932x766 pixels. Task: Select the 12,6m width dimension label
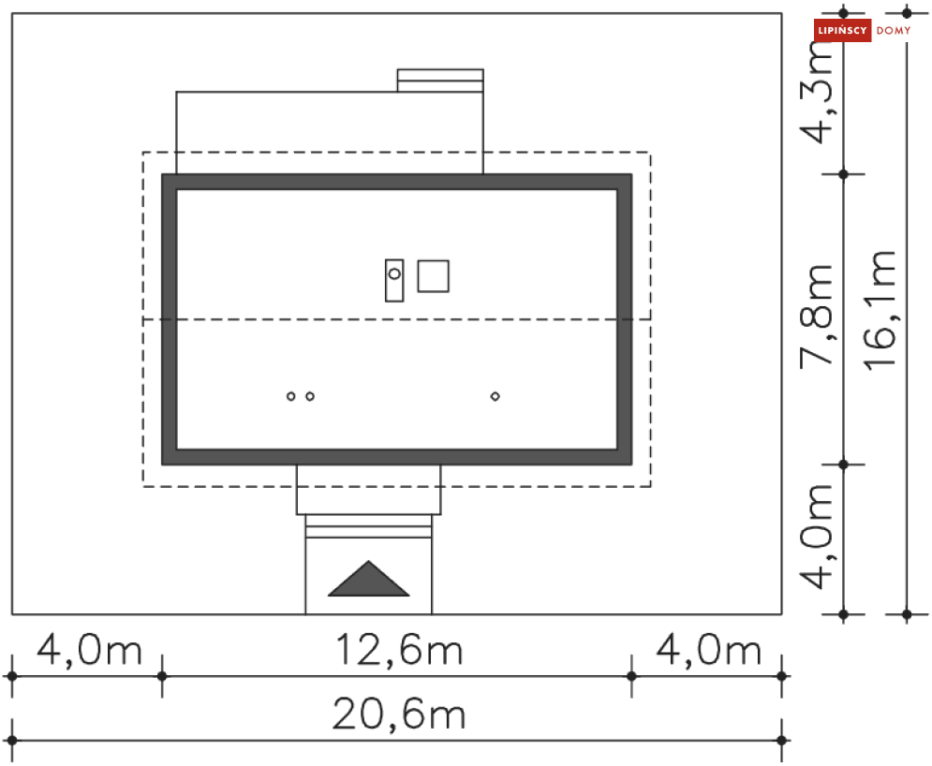click(x=399, y=650)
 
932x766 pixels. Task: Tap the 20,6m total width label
click(x=399, y=714)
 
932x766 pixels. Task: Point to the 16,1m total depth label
click(x=880, y=311)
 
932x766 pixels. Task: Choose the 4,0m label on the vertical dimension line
click(x=816, y=537)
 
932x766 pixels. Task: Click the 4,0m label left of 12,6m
click(x=89, y=650)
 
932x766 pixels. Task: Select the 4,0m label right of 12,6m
click(x=708, y=650)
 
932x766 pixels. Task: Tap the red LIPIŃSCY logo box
click(x=842, y=30)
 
